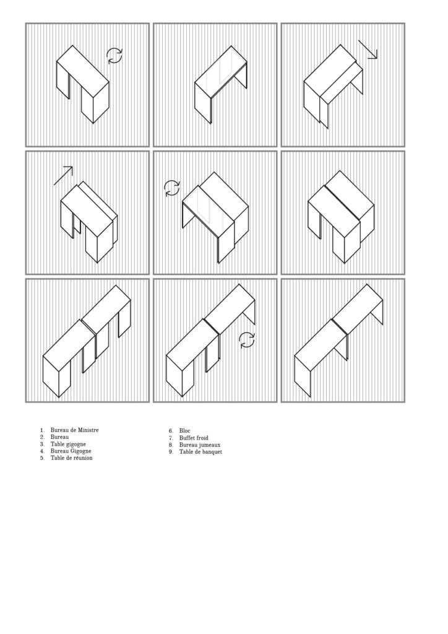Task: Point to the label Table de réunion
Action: pos(71,458)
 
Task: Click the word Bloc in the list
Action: pos(184,430)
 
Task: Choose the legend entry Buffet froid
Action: pos(193,438)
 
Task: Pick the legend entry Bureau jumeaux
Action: pos(199,445)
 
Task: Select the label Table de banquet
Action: pos(200,452)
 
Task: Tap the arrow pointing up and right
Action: pos(63,175)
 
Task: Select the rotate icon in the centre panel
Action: pos(171,188)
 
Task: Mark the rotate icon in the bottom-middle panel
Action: pos(246,340)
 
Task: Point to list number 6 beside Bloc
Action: pos(170,430)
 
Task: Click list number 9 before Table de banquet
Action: pos(170,452)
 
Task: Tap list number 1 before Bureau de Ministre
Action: pos(42,430)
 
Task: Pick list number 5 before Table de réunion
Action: pos(42,458)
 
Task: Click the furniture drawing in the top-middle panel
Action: pos(221,87)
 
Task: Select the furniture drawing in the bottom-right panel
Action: pos(339,339)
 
